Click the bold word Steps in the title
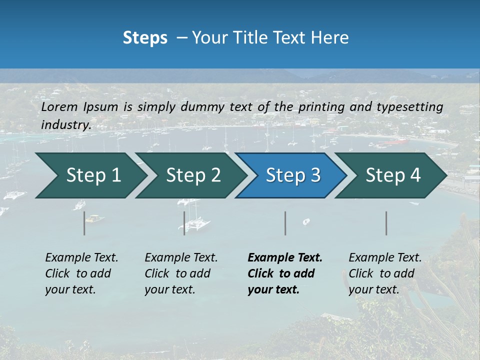coord(145,38)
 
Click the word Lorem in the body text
coord(59,106)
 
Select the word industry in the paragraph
coord(66,124)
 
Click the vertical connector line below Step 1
coord(84,223)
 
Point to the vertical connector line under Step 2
coord(184,223)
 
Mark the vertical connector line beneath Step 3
coord(285,223)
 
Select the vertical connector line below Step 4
coord(386,223)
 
